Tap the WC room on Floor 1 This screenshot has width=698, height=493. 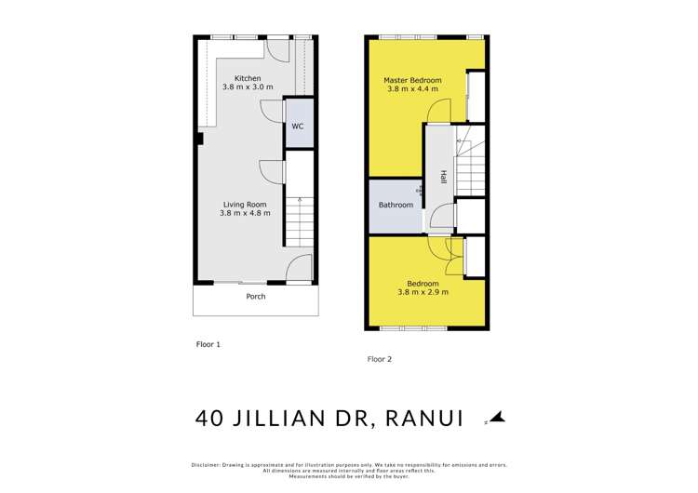click(298, 126)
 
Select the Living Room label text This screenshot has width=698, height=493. click(246, 205)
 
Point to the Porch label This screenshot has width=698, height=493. click(255, 297)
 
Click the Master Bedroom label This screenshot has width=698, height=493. click(412, 80)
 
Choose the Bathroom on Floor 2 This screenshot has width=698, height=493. click(396, 206)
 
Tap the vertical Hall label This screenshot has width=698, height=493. click(445, 177)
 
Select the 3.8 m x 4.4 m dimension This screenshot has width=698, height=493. click(412, 91)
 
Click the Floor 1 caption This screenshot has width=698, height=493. click(208, 344)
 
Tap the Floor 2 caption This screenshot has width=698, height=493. click(380, 358)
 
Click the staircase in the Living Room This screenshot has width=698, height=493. click(299, 228)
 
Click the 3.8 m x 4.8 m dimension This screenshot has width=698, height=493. click(246, 214)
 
